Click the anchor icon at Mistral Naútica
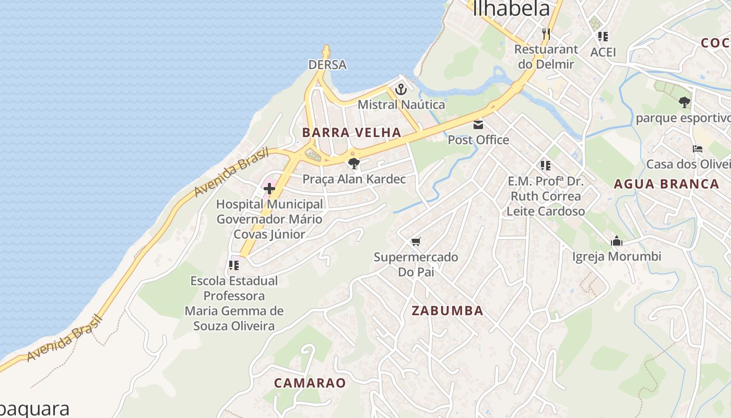pos(400,89)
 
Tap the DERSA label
pos(327,65)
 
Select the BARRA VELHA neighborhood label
pos(351,132)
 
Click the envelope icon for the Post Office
pos(478,125)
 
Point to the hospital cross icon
pos(269,189)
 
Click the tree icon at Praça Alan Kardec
pos(354,164)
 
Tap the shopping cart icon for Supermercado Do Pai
pos(416,241)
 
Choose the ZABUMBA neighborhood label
pos(447,310)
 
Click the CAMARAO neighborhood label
pos(310,383)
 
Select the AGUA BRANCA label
pos(666,184)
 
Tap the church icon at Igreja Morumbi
pos(617,241)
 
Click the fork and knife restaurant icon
pos(546,34)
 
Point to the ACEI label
pos(603,52)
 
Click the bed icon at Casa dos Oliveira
pos(697,149)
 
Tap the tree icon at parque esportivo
pos(684,102)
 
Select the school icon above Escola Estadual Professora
pos(234,265)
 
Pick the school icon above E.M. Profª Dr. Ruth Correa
pos(546,166)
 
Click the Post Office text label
pos(478,140)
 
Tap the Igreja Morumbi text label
pos(617,257)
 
